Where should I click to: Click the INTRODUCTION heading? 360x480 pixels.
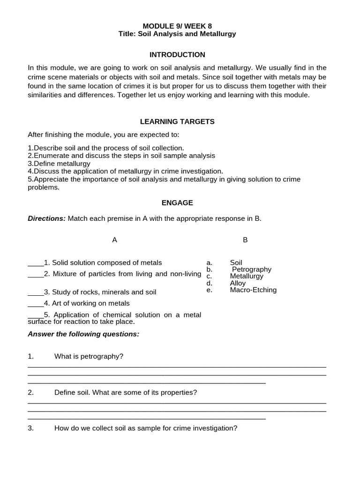[x=177, y=55]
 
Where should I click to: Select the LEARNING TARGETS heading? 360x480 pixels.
[x=177, y=121]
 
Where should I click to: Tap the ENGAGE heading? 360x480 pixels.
[x=177, y=203]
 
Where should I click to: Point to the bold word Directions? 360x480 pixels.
[x=47, y=218]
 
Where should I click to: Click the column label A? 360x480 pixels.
[x=114, y=240]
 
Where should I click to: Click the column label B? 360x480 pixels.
[x=245, y=240]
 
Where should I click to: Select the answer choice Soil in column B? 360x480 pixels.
[x=236, y=263]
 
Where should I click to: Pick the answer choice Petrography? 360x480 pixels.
[x=252, y=270]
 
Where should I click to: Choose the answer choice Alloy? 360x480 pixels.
[x=238, y=283]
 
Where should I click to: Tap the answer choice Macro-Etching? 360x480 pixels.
[x=253, y=290]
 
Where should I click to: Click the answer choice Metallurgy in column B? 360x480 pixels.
[x=247, y=276]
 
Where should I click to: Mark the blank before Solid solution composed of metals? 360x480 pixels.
[x=36, y=263]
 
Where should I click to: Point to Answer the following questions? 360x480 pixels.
[x=83, y=334]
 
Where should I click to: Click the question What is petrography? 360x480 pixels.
[x=89, y=357]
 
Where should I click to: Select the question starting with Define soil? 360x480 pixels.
[x=126, y=392]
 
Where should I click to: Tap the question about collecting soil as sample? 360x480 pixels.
[x=146, y=428]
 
